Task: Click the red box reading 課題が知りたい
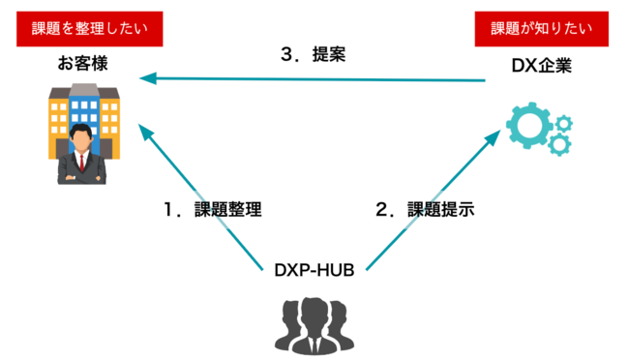click(x=540, y=28)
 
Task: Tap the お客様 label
click(x=83, y=66)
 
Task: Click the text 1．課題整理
click(x=215, y=209)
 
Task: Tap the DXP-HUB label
click(x=314, y=268)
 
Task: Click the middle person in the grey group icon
click(x=315, y=321)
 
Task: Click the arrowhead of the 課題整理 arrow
click(x=146, y=130)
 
